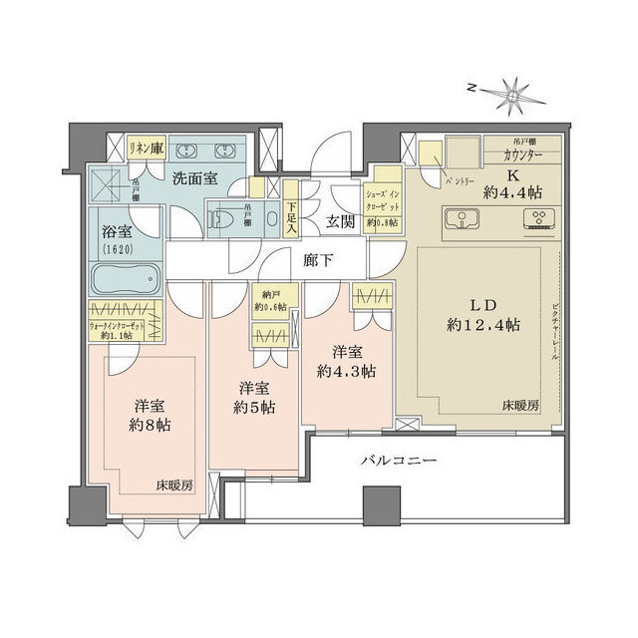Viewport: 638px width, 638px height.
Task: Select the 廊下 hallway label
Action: click(318, 260)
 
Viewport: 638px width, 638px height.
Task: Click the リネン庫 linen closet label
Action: click(147, 148)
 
